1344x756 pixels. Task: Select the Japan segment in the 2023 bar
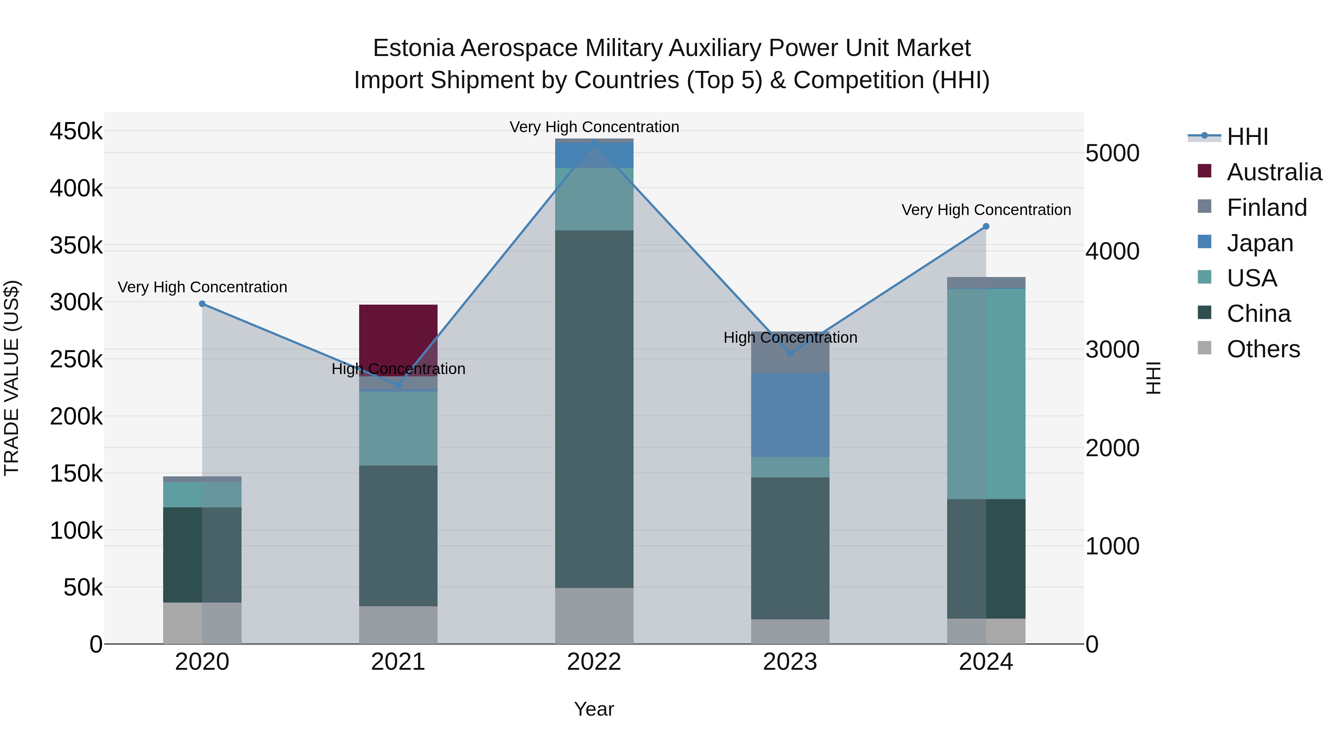point(790,415)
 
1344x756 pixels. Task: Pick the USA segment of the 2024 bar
point(986,394)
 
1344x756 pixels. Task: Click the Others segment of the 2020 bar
point(202,623)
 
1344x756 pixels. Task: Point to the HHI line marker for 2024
point(986,227)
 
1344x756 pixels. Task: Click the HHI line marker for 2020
point(202,304)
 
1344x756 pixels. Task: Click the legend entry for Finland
point(1267,208)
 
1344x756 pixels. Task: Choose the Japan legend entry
point(1260,243)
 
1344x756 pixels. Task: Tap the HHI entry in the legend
point(1247,137)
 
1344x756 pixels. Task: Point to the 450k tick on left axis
point(76,131)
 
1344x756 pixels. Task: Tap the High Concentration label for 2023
point(790,337)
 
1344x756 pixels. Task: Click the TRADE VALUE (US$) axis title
point(12,378)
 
